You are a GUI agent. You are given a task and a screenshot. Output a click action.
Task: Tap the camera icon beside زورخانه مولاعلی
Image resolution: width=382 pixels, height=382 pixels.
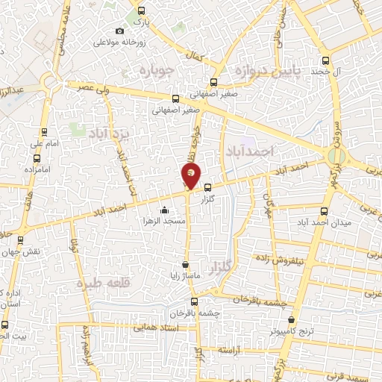120,31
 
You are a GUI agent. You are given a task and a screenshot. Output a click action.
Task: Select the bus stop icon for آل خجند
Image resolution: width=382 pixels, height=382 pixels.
325,61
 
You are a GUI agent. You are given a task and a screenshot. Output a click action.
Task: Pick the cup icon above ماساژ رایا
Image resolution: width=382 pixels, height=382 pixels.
185,265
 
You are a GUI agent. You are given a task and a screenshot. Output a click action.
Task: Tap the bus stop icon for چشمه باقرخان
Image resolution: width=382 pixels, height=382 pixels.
194,302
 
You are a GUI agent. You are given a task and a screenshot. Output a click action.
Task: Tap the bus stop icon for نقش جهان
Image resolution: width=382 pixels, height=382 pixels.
20,240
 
